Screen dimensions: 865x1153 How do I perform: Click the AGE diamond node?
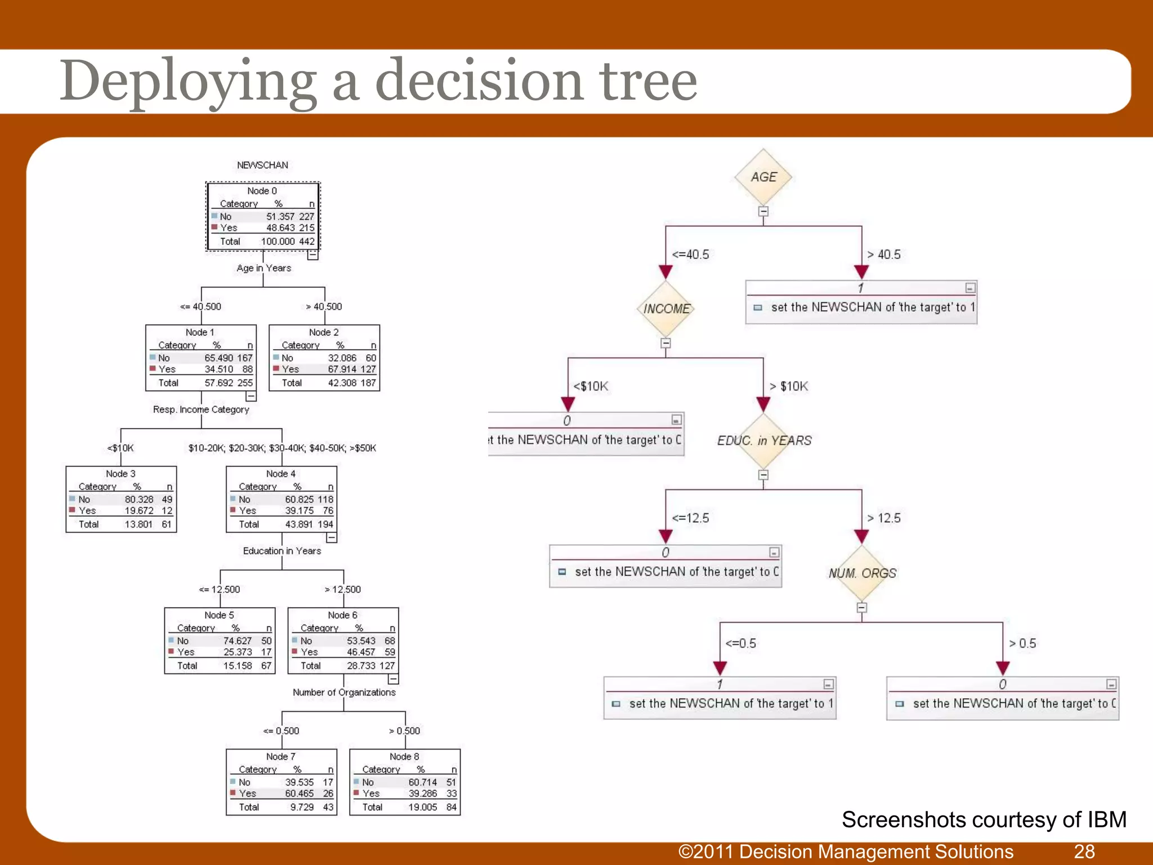(763, 177)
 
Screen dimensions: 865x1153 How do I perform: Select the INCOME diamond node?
(666, 309)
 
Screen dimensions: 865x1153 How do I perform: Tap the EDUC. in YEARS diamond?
(764, 440)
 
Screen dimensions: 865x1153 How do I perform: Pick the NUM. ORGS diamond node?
(862, 573)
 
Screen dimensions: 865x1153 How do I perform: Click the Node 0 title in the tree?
(262, 191)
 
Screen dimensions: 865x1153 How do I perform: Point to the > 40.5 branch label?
(884, 255)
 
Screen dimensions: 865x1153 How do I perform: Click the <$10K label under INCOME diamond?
(591, 386)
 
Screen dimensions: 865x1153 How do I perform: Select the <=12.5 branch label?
(690, 518)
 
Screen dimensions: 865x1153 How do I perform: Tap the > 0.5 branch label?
(1022, 643)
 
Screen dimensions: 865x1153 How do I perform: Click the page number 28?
(1084, 851)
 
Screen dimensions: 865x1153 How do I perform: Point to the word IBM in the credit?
(1106, 819)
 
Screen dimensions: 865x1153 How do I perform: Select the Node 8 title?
(404, 756)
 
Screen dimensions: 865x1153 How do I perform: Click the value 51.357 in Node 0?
(280, 216)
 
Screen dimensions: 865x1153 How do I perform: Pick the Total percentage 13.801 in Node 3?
(138, 524)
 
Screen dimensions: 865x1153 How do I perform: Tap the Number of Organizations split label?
(344, 692)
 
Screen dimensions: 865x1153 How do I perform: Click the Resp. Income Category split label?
(201, 409)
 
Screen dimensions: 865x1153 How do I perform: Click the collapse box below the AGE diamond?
(763, 212)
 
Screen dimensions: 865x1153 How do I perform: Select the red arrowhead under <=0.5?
(720, 668)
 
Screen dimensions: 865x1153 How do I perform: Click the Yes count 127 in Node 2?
(368, 369)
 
